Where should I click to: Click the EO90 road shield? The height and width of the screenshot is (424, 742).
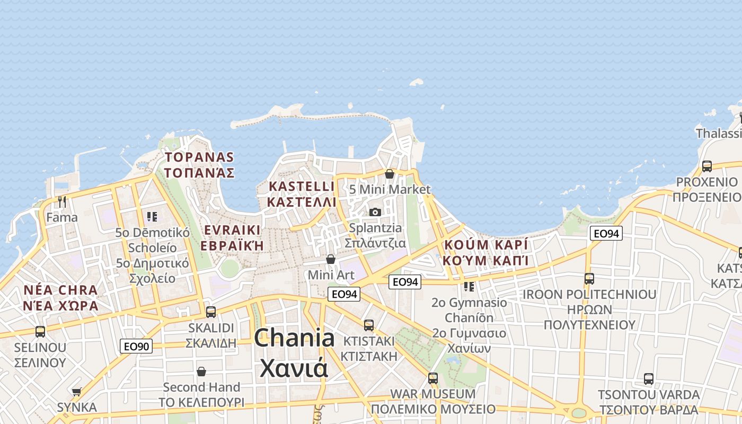point(136,347)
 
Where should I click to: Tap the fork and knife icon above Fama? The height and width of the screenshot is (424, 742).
point(62,202)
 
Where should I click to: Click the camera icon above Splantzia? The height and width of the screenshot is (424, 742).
point(375,213)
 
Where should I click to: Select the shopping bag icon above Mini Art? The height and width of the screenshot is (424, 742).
point(331,259)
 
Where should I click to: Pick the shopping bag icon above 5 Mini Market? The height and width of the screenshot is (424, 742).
point(390,174)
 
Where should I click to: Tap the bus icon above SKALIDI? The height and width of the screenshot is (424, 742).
point(211,312)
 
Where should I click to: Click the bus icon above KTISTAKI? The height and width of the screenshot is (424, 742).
point(369,325)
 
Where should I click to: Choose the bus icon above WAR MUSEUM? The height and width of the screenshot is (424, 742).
point(433,378)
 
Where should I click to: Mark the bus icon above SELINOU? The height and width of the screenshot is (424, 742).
point(40,332)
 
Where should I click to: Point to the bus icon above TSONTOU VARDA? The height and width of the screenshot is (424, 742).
point(649,379)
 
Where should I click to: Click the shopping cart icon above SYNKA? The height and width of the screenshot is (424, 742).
point(77,392)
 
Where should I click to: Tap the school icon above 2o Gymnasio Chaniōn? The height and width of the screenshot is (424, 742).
point(469,287)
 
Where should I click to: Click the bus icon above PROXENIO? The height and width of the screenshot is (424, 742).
point(706,166)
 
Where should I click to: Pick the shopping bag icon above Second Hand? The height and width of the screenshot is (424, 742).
point(201,372)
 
